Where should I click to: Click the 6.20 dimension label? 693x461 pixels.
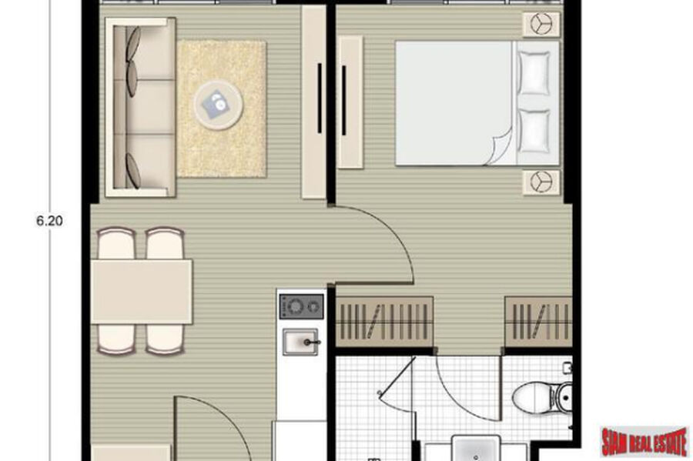point(49,220)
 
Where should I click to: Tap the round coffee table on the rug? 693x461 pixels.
point(218,106)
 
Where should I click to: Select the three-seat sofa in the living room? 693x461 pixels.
point(140,107)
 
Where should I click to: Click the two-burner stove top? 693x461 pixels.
point(301,306)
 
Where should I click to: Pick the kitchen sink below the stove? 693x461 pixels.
point(301,342)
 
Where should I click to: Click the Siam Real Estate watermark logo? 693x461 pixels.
point(644,441)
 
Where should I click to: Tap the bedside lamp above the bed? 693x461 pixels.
point(541,24)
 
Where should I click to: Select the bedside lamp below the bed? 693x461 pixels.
point(541,182)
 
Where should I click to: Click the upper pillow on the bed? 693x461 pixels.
point(534,73)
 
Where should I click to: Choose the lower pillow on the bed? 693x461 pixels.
point(534,131)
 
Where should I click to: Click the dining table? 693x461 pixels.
point(142,292)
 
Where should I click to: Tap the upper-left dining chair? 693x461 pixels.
point(115,243)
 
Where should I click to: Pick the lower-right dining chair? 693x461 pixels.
point(165,339)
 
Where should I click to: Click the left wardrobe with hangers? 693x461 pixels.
point(384,322)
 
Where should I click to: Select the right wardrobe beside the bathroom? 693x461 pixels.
point(539,322)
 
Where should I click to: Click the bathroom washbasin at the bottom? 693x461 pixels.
point(476,447)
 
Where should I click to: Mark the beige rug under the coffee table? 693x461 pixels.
point(222,109)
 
